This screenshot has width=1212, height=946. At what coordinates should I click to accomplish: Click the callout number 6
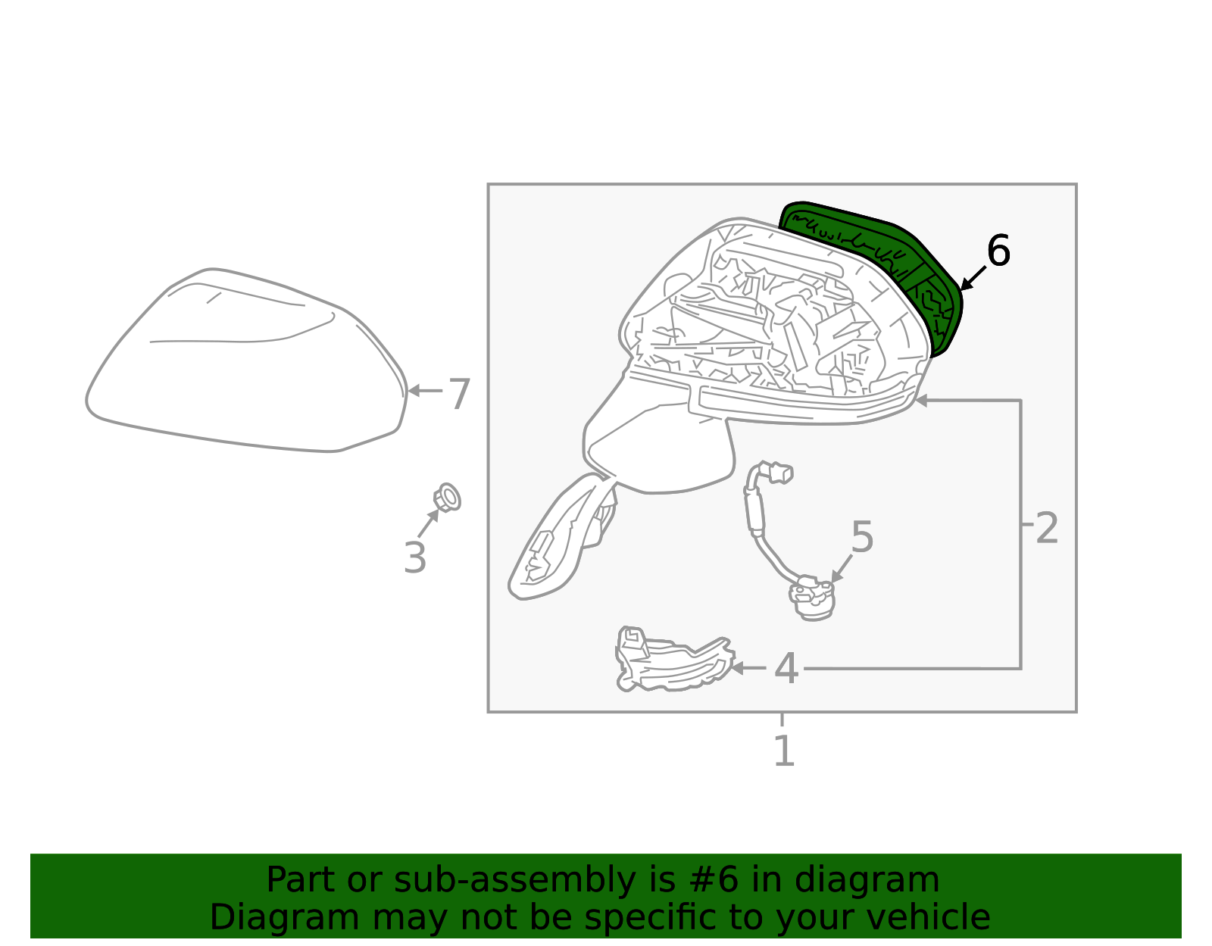(x=998, y=251)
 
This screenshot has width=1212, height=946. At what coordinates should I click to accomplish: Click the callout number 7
(x=460, y=394)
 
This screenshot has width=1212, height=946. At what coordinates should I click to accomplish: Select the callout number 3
(x=415, y=557)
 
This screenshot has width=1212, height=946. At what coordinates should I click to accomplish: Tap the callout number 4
(x=786, y=668)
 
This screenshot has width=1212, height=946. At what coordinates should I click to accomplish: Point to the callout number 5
(x=862, y=537)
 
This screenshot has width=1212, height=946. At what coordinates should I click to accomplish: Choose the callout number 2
(x=1046, y=528)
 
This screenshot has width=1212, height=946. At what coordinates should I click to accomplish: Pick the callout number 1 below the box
(x=784, y=751)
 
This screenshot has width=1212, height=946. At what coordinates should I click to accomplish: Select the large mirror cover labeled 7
(x=246, y=360)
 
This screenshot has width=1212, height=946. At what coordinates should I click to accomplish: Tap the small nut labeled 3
(x=447, y=498)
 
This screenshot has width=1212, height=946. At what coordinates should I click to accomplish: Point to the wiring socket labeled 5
(x=812, y=600)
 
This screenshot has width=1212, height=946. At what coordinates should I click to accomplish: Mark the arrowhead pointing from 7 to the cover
(x=414, y=391)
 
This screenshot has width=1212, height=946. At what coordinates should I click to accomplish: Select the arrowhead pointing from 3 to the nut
(x=433, y=515)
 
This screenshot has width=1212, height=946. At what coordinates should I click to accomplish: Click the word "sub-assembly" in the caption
(x=514, y=879)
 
